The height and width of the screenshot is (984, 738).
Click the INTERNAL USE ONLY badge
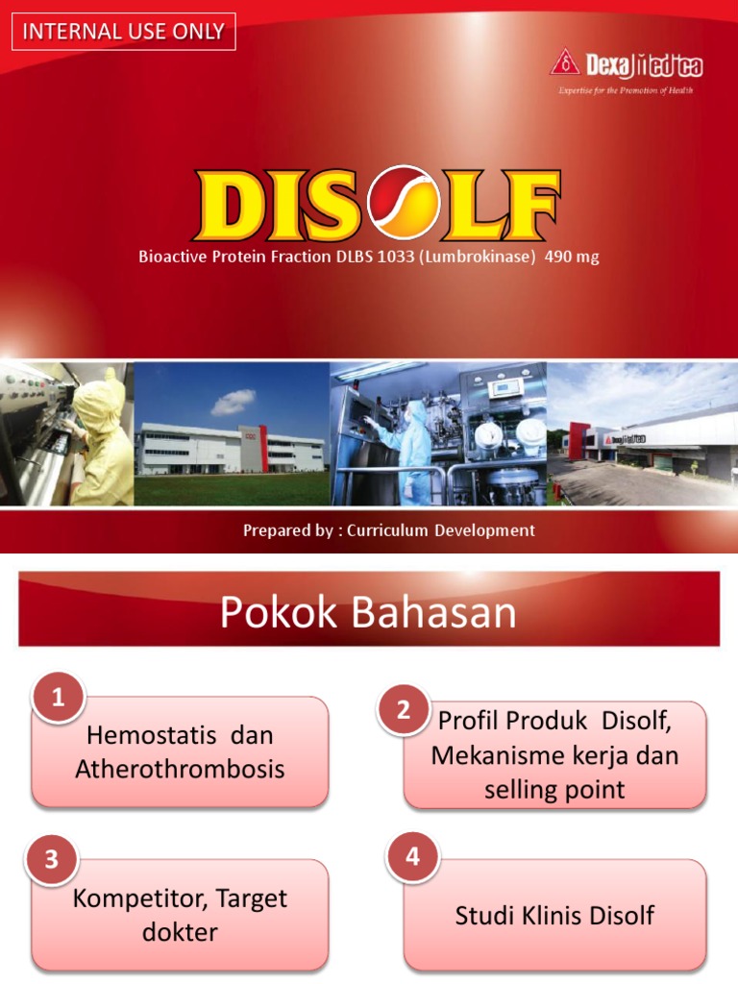123,32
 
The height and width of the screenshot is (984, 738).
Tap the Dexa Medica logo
626,66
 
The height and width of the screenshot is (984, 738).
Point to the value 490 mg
572,258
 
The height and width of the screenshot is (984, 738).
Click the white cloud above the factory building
234,401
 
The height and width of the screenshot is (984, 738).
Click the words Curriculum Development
441,530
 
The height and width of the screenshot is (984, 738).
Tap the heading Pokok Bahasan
368,613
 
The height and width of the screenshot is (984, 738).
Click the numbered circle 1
58,700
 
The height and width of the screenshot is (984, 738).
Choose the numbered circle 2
404,710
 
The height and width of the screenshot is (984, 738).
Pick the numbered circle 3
53,860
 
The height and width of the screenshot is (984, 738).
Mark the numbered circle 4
413,857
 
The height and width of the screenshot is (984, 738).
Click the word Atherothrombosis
180,769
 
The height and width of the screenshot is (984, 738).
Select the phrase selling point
555,790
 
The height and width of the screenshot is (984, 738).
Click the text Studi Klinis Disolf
554,915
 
